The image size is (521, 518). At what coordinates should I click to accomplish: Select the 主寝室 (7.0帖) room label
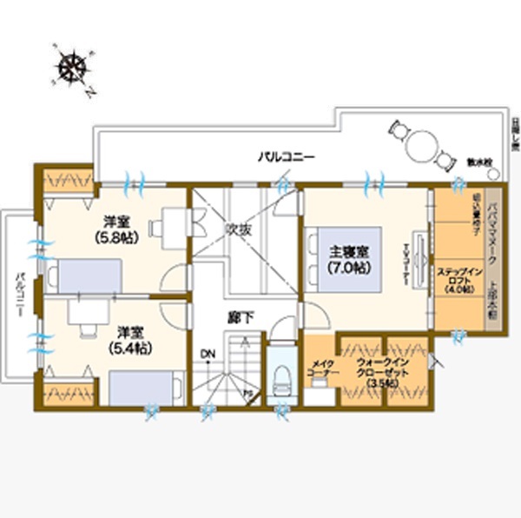(x=348, y=259)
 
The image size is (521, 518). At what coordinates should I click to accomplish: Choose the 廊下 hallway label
(x=240, y=318)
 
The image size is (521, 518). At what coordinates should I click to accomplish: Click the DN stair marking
(x=207, y=354)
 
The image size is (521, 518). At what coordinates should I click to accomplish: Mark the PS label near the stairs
(x=247, y=394)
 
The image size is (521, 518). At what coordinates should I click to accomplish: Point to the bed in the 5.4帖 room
(x=147, y=388)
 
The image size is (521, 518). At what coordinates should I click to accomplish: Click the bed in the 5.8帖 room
(x=84, y=276)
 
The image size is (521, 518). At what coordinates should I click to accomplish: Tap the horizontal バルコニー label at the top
(x=286, y=157)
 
